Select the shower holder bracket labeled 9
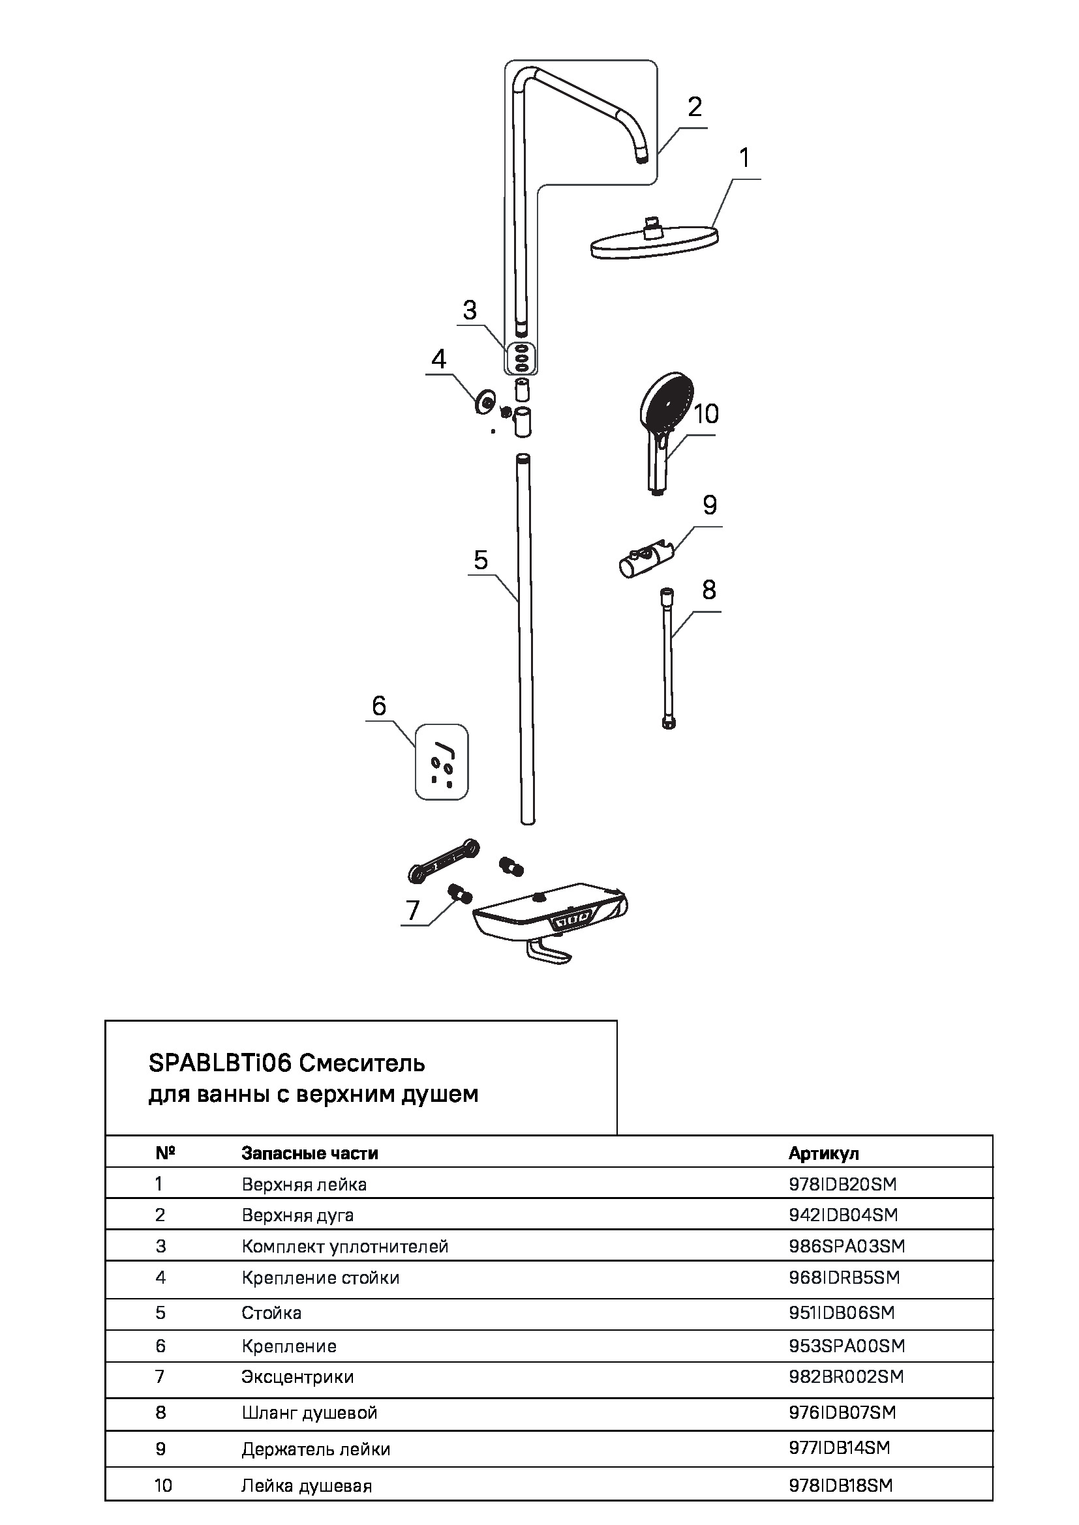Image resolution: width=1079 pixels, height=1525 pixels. [x=646, y=559]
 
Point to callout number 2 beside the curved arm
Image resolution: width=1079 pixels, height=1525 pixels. [x=694, y=107]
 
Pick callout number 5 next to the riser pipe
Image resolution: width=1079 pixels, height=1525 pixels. [x=480, y=560]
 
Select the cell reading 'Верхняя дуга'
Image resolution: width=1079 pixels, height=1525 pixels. [x=297, y=1215]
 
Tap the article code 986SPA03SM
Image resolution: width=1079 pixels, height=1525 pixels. [x=847, y=1246]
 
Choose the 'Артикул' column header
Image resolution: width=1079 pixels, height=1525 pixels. [x=823, y=1153]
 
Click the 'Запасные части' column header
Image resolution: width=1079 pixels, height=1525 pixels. [x=310, y=1153]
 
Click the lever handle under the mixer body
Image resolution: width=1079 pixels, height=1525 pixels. [x=549, y=954]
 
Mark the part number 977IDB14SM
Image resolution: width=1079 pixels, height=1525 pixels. [x=839, y=1447]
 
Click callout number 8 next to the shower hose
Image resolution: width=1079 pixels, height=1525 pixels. [x=709, y=589]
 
